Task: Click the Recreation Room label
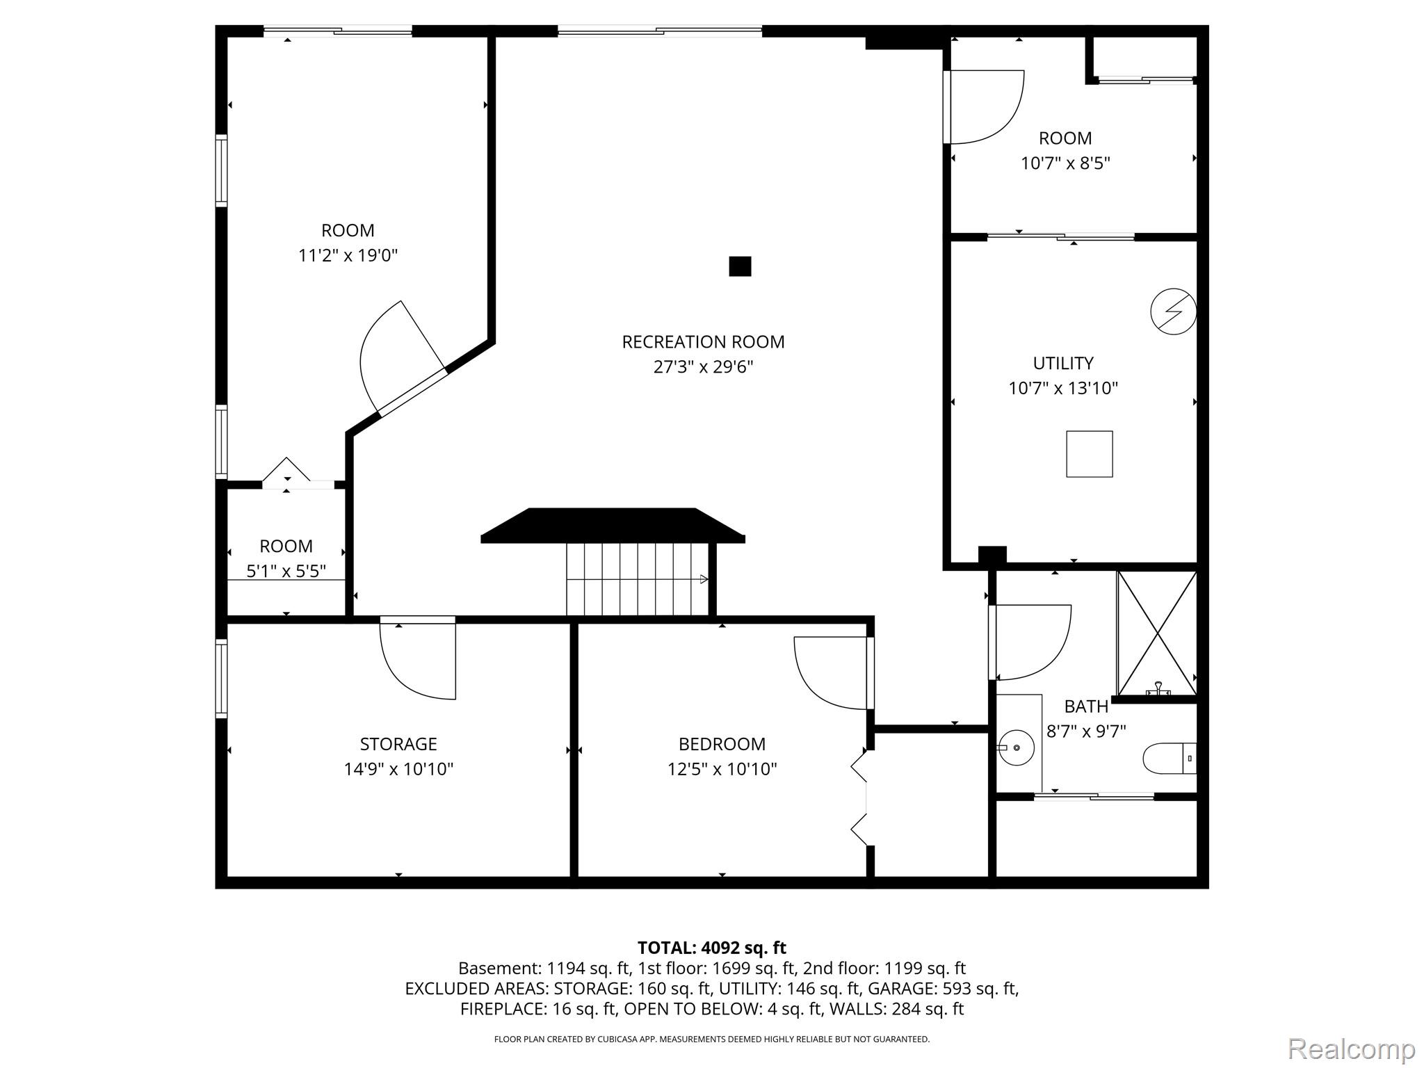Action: pyautogui.click(x=703, y=342)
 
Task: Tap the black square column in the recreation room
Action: pyautogui.click(x=740, y=266)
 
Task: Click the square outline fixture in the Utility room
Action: pyautogui.click(x=1089, y=454)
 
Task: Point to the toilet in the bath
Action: pyautogui.click(x=1168, y=759)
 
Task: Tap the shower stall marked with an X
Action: pyautogui.click(x=1156, y=633)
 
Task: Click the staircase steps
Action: pyautogui.click(x=636, y=579)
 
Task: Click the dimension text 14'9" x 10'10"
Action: pyautogui.click(x=398, y=769)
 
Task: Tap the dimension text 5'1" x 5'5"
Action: pyautogui.click(x=286, y=571)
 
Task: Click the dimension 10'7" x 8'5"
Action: pyautogui.click(x=1065, y=163)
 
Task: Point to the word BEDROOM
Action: pyautogui.click(x=722, y=744)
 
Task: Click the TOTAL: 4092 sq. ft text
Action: pyautogui.click(x=711, y=948)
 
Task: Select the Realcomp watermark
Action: pyautogui.click(x=1351, y=1049)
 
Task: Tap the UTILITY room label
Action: pyautogui.click(x=1062, y=363)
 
